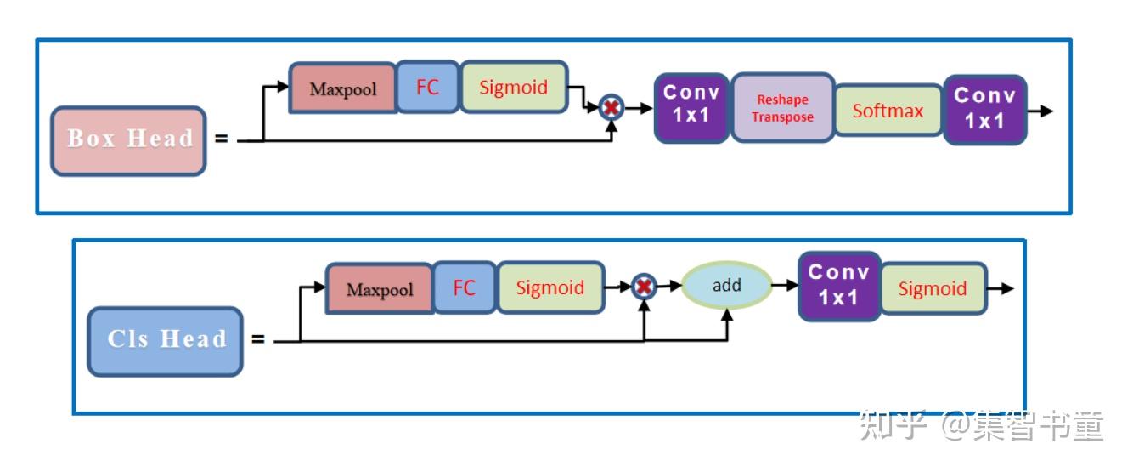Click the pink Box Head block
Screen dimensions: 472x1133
click(128, 140)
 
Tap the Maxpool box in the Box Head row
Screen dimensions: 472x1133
click(342, 88)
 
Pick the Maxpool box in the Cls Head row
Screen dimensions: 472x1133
click(380, 289)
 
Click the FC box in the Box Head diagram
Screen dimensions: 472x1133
click(427, 87)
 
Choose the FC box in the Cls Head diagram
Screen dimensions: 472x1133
click(464, 288)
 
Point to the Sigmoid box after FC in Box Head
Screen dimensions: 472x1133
click(514, 87)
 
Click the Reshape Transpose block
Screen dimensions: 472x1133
click(782, 108)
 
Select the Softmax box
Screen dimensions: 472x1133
click(888, 110)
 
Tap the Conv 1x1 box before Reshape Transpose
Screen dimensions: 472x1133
click(691, 107)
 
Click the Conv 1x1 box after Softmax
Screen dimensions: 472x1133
click(984, 109)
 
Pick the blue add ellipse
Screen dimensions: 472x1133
click(726, 286)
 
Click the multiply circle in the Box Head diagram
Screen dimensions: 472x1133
click(611, 108)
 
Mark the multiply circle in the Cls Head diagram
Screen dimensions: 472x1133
click(645, 287)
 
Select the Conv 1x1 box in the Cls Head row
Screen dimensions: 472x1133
click(839, 286)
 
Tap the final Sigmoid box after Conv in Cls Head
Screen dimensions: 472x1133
click(933, 288)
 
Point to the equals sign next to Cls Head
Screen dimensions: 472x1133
click(257, 340)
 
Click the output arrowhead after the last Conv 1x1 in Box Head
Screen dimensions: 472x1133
click(1046, 111)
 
